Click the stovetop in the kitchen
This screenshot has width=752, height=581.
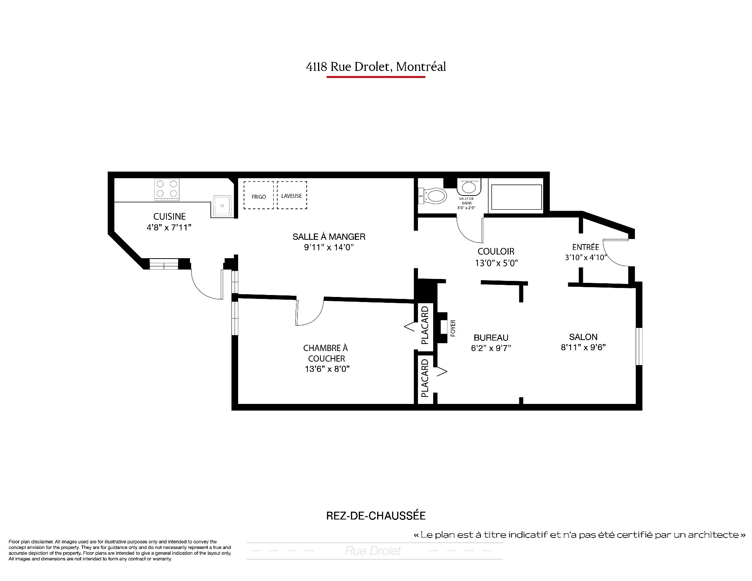pyautogui.click(x=167, y=190)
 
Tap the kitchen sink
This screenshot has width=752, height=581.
pyautogui.click(x=222, y=205)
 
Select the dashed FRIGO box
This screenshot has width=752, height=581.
pyautogui.click(x=258, y=195)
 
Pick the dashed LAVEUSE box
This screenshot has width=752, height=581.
pyautogui.click(x=292, y=195)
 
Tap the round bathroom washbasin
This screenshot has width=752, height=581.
pyautogui.click(x=468, y=187)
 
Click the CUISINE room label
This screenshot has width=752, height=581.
pyautogui.click(x=169, y=216)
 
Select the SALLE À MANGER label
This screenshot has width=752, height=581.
pyautogui.click(x=329, y=237)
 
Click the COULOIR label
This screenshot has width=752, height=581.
pyautogui.click(x=496, y=252)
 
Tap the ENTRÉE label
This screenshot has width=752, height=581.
pyautogui.click(x=586, y=247)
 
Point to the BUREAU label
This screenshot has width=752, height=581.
pyautogui.click(x=491, y=338)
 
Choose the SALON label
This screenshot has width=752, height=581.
pyautogui.click(x=583, y=337)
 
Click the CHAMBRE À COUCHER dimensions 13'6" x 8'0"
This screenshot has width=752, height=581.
pyautogui.click(x=327, y=369)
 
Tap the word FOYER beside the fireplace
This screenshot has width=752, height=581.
pyautogui.click(x=453, y=328)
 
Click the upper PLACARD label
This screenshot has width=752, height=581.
pyautogui.click(x=425, y=325)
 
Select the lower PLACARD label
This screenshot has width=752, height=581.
pyautogui.click(x=425, y=378)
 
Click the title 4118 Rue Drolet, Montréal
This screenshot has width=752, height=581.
pyautogui.click(x=376, y=67)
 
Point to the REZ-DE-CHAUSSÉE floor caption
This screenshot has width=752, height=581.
pyautogui.click(x=376, y=516)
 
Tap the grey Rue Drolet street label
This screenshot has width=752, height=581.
pyautogui.click(x=373, y=551)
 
